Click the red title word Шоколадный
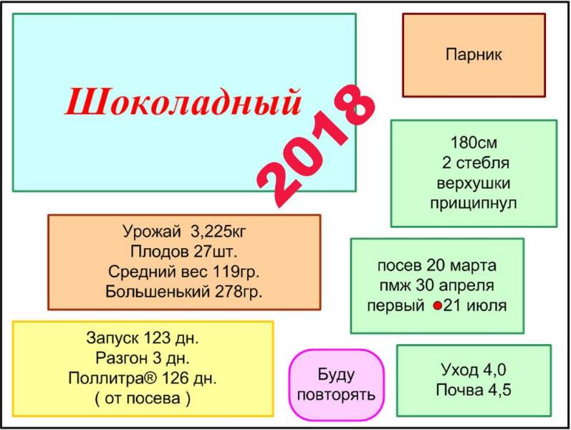(x=183, y=102)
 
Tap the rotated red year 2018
(x=315, y=145)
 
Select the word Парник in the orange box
(x=474, y=54)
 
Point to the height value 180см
(x=474, y=143)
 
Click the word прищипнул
(x=474, y=203)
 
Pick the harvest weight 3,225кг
(x=218, y=231)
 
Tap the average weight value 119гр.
(x=236, y=272)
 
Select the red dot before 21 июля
(x=437, y=306)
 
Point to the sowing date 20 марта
(x=461, y=265)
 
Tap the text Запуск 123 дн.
(x=143, y=338)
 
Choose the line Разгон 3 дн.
(x=143, y=358)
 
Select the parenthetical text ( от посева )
(x=143, y=398)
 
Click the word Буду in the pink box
(x=336, y=375)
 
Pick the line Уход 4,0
(x=474, y=370)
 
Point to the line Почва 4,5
(x=474, y=390)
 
